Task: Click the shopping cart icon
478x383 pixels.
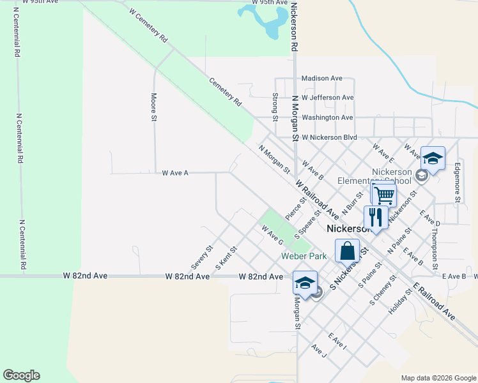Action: coord(383,195)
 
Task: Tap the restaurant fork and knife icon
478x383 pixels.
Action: coord(376,217)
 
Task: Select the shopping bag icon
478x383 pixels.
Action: coord(347,250)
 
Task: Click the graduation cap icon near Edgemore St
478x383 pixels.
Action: coord(433,158)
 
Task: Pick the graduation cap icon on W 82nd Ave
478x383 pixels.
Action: coord(305,283)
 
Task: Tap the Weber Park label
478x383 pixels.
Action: coord(304,256)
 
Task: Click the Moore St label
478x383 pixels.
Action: coord(154,106)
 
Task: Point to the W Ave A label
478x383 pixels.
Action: coord(175,172)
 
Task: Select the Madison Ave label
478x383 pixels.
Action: coord(322,78)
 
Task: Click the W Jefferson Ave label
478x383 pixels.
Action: coord(328,98)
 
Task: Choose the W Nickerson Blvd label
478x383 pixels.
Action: coord(329,137)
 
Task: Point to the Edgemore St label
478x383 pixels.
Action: coord(458,182)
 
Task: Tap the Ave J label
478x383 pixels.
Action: coord(319,350)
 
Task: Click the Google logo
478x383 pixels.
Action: coord(22,375)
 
